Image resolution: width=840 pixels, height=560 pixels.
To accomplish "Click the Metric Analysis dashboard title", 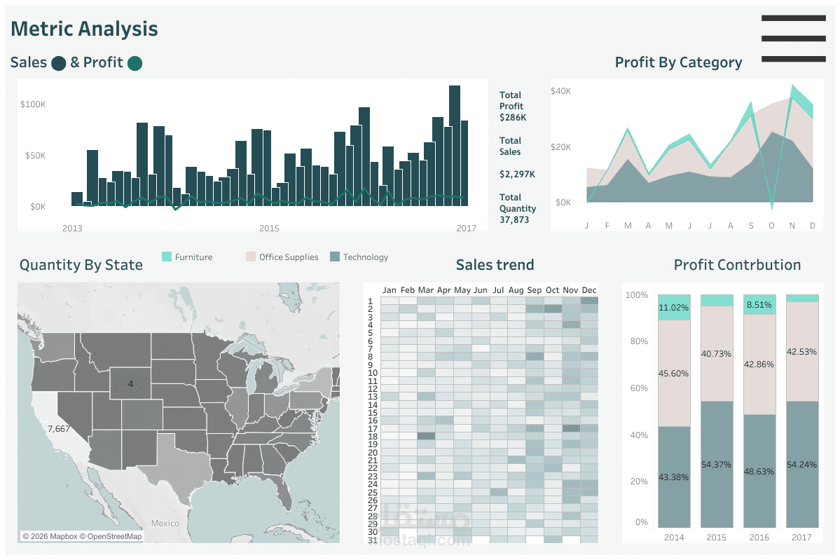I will tap(84, 29).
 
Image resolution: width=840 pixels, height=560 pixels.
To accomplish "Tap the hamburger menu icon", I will tap(793, 39).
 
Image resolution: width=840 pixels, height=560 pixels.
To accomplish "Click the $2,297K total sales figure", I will tap(517, 174).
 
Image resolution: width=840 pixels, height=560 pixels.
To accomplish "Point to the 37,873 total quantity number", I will tap(514, 220).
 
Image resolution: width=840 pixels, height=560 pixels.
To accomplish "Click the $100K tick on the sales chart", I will tap(33, 104).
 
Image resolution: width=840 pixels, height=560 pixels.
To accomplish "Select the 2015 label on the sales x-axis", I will tap(269, 228).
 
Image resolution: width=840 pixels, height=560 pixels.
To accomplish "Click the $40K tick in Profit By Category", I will tap(560, 91).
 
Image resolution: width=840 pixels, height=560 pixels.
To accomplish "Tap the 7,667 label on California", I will tap(58, 429).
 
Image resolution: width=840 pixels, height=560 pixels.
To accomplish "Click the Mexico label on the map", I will tap(165, 524).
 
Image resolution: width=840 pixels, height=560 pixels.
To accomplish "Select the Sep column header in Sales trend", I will tap(535, 290).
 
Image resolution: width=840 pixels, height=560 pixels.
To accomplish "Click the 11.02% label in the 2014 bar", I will tap(674, 308).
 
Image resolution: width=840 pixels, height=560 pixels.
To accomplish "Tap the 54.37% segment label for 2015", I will tap(717, 465).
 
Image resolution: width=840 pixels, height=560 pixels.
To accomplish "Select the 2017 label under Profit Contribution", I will tap(802, 538).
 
